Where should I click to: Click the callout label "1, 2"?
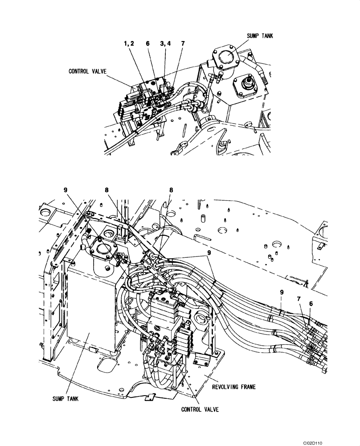(x=129, y=44)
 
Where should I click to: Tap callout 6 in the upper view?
(x=147, y=44)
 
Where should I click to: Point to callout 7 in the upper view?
(x=183, y=44)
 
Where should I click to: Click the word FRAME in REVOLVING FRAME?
(x=247, y=387)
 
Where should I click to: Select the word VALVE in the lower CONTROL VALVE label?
(x=211, y=409)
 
